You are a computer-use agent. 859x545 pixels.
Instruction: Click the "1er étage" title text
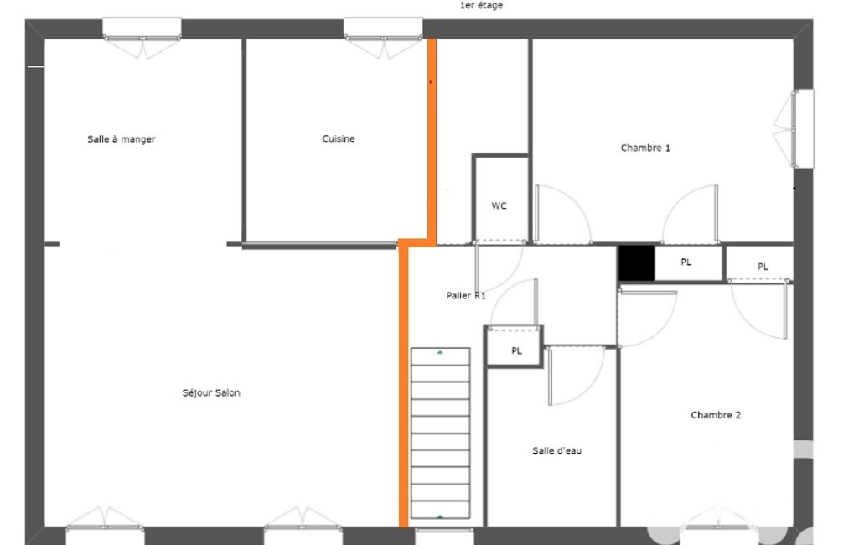click(481, 6)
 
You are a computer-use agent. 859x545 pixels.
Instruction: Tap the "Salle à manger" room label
click(121, 139)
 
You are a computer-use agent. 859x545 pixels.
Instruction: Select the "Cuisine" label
click(338, 138)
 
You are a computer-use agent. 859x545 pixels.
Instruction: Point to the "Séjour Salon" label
click(211, 392)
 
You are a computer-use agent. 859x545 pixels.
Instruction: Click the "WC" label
click(499, 205)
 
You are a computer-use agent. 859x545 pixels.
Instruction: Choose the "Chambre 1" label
click(644, 148)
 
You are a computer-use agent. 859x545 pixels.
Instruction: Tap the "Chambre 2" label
click(716, 415)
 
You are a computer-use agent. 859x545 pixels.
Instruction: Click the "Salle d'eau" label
click(556, 451)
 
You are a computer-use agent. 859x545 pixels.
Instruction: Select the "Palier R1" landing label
click(466, 295)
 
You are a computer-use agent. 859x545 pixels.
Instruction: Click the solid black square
click(636, 263)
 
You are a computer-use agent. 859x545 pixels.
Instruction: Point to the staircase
click(441, 433)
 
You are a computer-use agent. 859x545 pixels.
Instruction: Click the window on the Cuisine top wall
click(383, 29)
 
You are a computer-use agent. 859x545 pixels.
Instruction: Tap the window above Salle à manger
click(142, 29)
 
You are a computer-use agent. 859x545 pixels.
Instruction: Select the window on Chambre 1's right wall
click(803, 129)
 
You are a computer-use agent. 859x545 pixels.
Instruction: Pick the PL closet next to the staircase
click(514, 346)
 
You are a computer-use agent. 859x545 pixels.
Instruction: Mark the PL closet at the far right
click(760, 264)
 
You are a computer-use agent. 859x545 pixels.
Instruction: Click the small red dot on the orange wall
click(431, 82)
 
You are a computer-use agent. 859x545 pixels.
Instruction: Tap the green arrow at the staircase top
click(440, 352)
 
